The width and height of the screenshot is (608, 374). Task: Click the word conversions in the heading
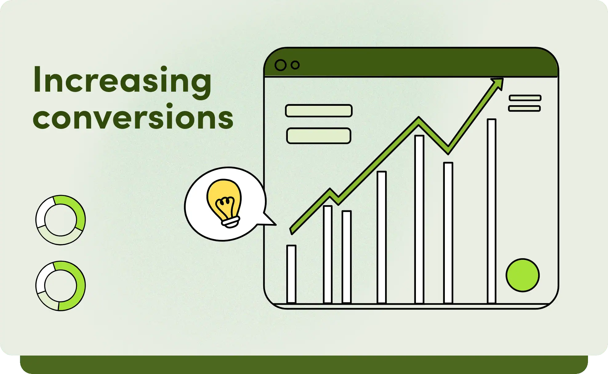click(x=133, y=117)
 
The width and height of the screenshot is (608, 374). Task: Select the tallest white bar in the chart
click(x=492, y=211)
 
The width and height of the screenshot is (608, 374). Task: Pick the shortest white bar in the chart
click(x=291, y=274)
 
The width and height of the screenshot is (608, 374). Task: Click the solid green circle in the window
click(x=523, y=275)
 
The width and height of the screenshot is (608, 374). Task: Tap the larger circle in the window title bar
click(x=280, y=65)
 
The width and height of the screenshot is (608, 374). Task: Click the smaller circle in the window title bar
click(x=295, y=65)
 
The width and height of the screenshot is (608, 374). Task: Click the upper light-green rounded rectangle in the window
click(x=319, y=111)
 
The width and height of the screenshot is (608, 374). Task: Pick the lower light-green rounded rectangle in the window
click(x=319, y=136)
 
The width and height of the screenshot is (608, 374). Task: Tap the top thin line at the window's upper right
click(x=525, y=98)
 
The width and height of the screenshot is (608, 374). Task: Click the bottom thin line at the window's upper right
click(x=524, y=108)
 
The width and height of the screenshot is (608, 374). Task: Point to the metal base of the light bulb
click(x=231, y=222)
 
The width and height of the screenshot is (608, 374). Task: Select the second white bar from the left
click(x=328, y=254)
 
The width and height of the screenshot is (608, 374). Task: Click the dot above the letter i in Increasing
click(x=164, y=69)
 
